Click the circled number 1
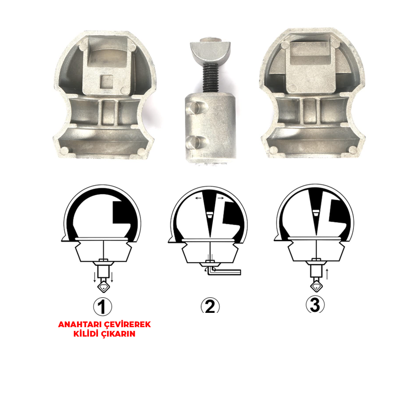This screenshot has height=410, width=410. tap(102, 306)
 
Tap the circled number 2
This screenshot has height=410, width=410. tap(210, 305)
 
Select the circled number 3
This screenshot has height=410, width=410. tap(315, 305)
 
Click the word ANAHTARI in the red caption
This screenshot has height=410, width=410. tap(80, 324)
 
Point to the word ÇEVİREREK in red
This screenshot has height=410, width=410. tap(128, 324)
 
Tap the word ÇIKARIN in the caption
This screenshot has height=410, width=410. tap(118, 334)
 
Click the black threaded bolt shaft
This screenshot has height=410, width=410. tap(211, 78)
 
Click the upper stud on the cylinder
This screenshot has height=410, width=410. tap(193, 107)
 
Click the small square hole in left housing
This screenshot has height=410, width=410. tap(107, 81)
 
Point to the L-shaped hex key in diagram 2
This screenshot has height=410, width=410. tap(224, 271)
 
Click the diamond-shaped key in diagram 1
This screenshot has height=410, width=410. tap(104, 286)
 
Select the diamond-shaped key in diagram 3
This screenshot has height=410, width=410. tap(317, 285)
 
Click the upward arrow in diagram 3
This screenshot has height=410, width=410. tap(327, 273)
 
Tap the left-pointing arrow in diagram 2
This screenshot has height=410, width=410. tap(198, 198)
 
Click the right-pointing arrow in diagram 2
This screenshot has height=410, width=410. tap(221, 198)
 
